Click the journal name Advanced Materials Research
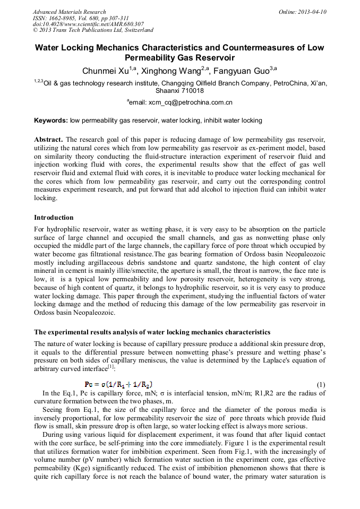(x=69, y=12)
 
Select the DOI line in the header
(x=88, y=24)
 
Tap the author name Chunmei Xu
(x=105, y=71)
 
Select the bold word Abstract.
(x=48, y=140)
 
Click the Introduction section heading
(x=54, y=218)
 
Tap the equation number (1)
(x=321, y=385)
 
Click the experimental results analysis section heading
(x=152, y=332)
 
